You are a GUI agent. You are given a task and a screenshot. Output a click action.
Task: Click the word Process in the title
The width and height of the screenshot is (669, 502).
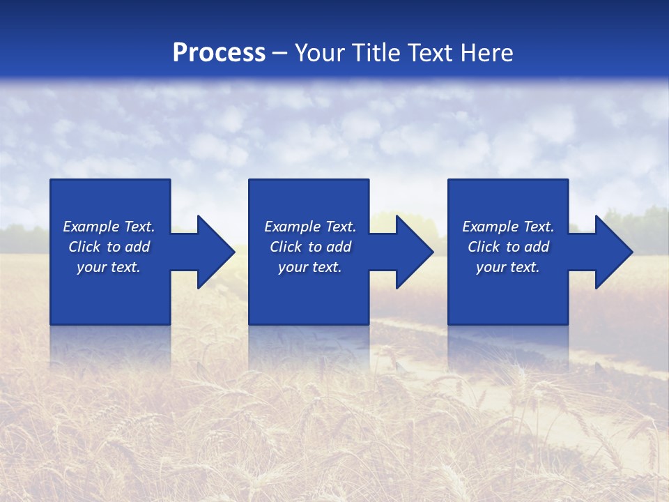click(x=219, y=53)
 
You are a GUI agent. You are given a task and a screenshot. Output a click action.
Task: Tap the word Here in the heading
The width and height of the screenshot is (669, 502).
click(x=485, y=53)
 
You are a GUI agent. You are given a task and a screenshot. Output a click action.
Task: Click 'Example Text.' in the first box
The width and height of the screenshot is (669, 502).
click(x=109, y=227)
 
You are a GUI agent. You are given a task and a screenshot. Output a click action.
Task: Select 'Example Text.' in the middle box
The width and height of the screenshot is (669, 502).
click(x=310, y=227)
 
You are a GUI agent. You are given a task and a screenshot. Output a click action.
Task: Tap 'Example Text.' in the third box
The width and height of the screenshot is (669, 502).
click(x=508, y=227)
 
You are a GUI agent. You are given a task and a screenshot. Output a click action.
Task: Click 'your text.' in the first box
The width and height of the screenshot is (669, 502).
click(x=109, y=267)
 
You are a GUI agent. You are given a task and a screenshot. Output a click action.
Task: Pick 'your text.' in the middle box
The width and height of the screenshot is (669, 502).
click(x=310, y=267)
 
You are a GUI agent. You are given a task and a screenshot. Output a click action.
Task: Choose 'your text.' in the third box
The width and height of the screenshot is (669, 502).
click(x=508, y=267)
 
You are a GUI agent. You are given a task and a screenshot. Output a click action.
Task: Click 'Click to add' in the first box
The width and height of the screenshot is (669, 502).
click(x=109, y=247)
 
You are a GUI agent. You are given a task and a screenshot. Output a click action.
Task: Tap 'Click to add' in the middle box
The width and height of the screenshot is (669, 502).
click(x=310, y=247)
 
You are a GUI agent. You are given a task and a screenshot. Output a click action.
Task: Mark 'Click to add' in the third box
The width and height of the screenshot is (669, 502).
click(x=508, y=247)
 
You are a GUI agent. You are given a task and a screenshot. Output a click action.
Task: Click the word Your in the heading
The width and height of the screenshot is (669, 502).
click(x=320, y=53)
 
